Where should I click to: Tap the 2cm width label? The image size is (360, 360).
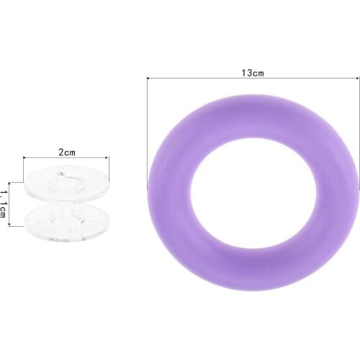pos(66,152)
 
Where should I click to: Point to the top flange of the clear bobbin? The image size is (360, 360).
pos(66,185)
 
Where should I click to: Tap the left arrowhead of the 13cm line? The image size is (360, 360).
pos(149,80)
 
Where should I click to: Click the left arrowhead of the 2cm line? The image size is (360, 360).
pos(25,158)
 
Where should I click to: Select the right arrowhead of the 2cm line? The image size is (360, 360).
pos(107,158)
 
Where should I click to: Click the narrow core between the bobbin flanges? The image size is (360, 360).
pos(66,204)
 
